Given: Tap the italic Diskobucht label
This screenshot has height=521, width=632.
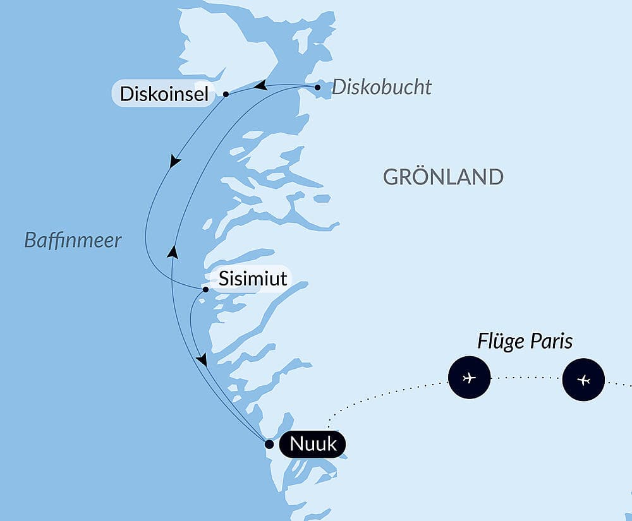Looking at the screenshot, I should pos(381,87).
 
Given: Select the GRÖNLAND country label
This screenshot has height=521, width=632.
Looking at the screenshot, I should pos(443,177).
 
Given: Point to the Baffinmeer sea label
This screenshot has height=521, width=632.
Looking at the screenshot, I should pos(73,240).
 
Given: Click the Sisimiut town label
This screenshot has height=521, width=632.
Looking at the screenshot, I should pos(253,278).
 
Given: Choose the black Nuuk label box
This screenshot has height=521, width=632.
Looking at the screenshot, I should pos(312,445).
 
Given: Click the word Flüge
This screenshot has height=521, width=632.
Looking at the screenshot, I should pos(500,342).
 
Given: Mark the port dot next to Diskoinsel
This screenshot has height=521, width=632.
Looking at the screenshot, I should pos(226,94).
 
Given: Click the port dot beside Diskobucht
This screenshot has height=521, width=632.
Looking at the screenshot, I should pos(317,87).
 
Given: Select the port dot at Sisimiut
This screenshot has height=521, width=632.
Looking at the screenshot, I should pos(205,290).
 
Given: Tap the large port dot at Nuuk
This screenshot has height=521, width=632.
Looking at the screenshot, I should pos(269,444).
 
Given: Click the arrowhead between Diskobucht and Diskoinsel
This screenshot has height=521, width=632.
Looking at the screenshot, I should pos(260,85).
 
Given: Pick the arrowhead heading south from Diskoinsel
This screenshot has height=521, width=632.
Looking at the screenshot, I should pos(175,162).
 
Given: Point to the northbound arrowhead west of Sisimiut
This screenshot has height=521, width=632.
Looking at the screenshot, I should pos(172,252).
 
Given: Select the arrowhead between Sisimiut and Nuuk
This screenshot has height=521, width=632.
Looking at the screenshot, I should pos(202,359).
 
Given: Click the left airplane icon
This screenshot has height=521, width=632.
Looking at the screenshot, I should pos(469,378).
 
